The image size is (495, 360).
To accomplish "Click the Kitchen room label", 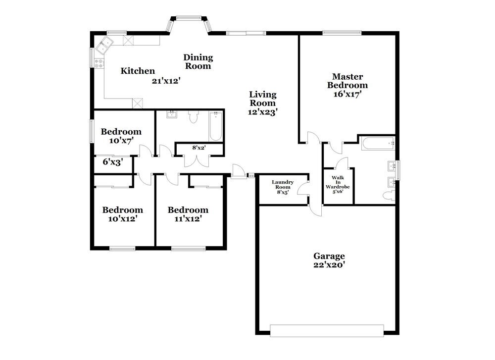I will click(x=138, y=71).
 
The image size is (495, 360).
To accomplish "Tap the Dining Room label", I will click(x=198, y=62).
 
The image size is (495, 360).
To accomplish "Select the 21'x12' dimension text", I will click(x=166, y=81).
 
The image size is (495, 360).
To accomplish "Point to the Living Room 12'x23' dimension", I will click(x=262, y=112).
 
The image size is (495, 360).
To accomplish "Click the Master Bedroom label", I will click(x=347, y=81).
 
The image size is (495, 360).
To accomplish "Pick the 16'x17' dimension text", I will click(x=347, y=94).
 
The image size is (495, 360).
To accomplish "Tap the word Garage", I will click(x=329, y=256).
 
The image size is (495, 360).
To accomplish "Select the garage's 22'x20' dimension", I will click(x=329, y=265).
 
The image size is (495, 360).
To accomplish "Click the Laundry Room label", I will click(x=283, y=185).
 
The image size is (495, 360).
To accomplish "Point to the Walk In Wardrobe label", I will click(x=338, y=184).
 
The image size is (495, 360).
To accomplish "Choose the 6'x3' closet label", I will click(x=112, y=161).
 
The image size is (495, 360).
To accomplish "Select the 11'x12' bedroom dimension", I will click(x=188, y=218).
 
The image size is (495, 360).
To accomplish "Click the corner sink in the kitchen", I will click(x=105, y=45).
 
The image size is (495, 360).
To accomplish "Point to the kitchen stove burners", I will click(x=99, y=63).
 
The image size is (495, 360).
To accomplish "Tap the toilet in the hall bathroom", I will click(x=193, y=117).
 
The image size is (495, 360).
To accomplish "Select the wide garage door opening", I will click(x=327, y=330).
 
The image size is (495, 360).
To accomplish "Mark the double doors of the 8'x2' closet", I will click(x=197, y=160).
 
